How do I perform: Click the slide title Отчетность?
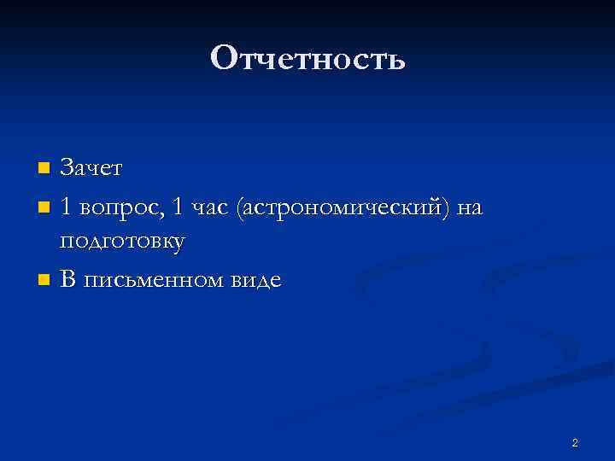pyautogui.click(x=307, y=59)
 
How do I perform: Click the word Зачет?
pyautogui.click(x=91, y=168)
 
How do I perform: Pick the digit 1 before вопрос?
pyautogui.click(x=67, y=206)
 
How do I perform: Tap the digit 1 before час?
pyautogui.click(x=176, y=206)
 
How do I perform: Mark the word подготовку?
pyautogui.click(x=122, y=243)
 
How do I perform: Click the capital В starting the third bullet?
pyautogui.click(x=67, y=279)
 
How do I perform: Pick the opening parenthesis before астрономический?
pyautogui.click(x=243, y=207)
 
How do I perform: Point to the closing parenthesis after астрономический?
pyautogui.click(x=446, y=207)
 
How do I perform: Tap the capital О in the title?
pyautogui.click(x=223, y=59)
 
